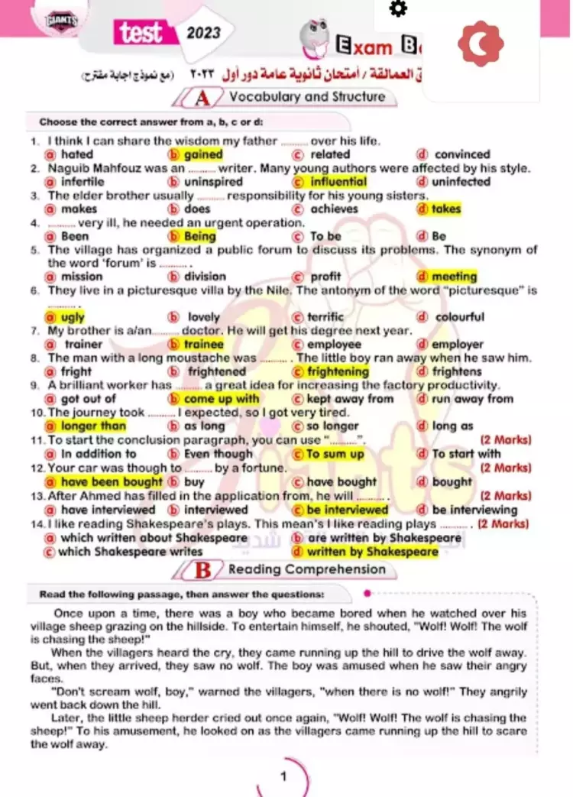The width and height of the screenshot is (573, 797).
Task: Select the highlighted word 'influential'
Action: pyautogui.click(x=338, y=182)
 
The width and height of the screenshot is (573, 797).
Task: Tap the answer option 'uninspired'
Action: pyautogui.click(x=213, y=182)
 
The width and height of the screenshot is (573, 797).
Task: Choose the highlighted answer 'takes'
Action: pyautogui.click(x=446, y=209)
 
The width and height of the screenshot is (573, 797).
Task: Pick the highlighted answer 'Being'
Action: pyautogui.click(x=199, y=236)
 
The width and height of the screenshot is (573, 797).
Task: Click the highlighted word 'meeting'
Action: pyautogui.click(x=454, y=277)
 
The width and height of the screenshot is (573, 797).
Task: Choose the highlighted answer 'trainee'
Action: pyautogui.click(x=204, y=345)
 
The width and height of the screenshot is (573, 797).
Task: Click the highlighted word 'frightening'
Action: pyautogui.click(x=338, y=372)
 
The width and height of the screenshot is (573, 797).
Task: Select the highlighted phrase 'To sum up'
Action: pyautogui.click(x=335, y=454)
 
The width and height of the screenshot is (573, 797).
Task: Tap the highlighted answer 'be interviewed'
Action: pyautogui.click(x=347, y=510)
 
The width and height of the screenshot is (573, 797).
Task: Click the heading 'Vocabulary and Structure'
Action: pyautogui.click(x=307, y=97)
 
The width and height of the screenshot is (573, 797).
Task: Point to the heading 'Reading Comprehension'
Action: pyautogui.click(x=307, y=569)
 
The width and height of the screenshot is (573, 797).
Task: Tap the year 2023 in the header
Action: pyautogui.click(x=203, y=33)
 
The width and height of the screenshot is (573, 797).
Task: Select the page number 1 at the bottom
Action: pyautogui.click(x=283, y=777)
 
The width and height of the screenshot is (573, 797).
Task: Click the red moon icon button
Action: pyautogui.click(x=481, y=44)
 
